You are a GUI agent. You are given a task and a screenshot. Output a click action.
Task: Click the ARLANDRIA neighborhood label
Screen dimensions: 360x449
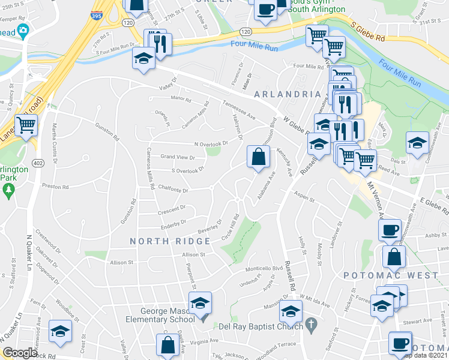coord(287,94)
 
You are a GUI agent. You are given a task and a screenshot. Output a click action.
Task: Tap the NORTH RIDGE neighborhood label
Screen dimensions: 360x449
coord(170,241)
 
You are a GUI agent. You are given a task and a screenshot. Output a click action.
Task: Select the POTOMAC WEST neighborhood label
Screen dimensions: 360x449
coord(391,275)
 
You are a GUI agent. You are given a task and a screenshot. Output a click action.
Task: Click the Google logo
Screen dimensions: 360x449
coord(20,352)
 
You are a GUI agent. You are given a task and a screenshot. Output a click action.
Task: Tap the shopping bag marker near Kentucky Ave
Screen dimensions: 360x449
coord(258,157)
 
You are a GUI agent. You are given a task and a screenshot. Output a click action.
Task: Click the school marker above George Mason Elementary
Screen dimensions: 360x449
coord(200,302)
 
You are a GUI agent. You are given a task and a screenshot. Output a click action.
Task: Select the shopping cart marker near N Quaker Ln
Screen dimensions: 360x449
coord(26,125)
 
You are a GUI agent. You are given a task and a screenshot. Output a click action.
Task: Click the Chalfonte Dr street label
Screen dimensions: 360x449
coord(172,190)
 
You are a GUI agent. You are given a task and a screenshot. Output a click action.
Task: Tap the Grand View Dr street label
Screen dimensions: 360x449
coord(177,157)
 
